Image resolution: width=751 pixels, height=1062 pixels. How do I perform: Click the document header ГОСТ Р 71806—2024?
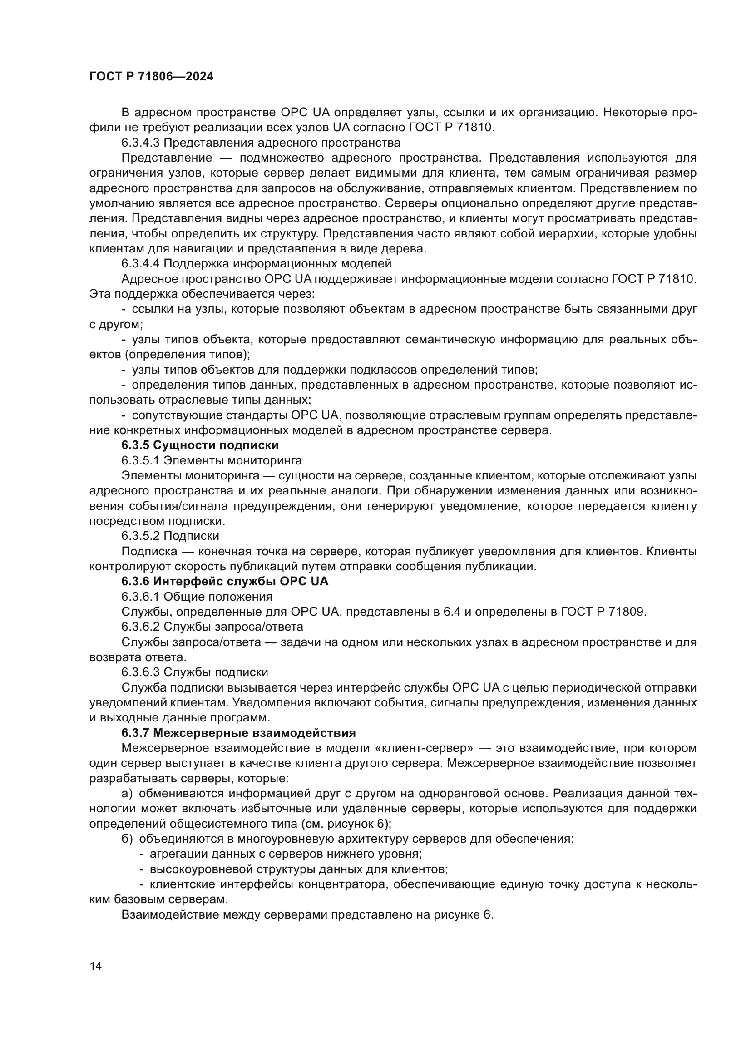pos(151,77)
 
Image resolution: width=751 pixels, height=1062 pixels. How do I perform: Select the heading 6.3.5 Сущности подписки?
pos(200,445)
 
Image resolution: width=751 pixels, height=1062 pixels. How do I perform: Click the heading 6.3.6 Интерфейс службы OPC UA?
pos(225,581)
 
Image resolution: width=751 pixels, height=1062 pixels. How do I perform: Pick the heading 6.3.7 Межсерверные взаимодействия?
pos(238,733)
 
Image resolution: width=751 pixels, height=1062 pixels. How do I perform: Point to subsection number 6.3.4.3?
pos(141,143)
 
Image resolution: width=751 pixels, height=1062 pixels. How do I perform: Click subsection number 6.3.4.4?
pos(141,264)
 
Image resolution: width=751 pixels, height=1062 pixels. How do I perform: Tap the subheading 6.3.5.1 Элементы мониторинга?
pos(211,460)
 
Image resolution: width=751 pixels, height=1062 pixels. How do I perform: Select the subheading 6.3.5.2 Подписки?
pos(170,536)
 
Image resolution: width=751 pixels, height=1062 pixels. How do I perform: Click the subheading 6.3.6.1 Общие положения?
pos(197,596)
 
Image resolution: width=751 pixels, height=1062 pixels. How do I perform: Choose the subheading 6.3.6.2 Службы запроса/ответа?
pos(212,627)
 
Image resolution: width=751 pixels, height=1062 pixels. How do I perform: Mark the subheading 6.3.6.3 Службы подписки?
pos(195,672)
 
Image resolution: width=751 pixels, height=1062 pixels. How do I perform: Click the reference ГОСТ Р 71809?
pos(603,612)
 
